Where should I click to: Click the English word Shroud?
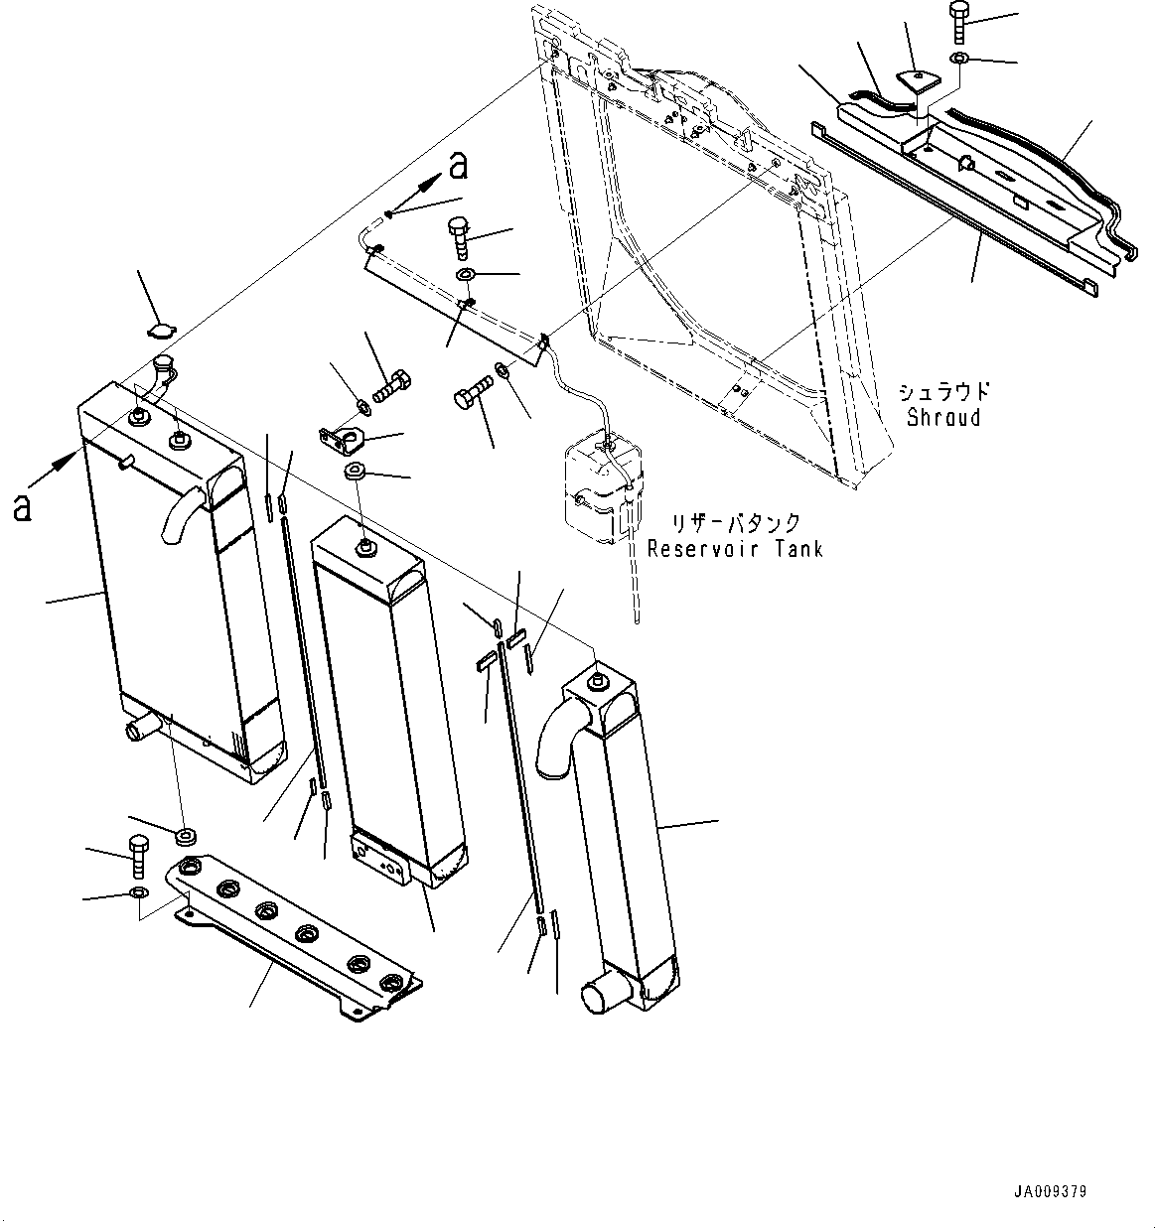pyautogui.click(x=942, y=417)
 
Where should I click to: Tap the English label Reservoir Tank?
pyautogui.click(x=735, y=548)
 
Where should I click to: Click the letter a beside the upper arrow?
pyautogui.click(x=457, y=166)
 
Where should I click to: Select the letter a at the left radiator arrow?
pyautogui.click(x=22, y=508)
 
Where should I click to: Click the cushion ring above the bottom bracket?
pyautogui.click(x=185, y=833)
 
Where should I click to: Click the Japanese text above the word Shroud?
pyautogui.click(x=943, y=391)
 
